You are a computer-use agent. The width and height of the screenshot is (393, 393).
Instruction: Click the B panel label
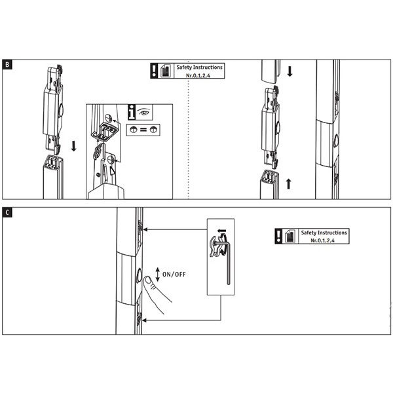pos(7,65)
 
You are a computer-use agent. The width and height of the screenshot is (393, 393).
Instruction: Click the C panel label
pos(7,212)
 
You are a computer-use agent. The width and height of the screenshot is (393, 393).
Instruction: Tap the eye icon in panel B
pos(144,111)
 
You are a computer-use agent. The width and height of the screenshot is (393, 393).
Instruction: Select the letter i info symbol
pos(132,112)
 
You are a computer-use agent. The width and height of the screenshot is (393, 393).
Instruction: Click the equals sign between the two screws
pos(143,130)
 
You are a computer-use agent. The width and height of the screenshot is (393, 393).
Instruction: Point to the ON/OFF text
pos(174,274)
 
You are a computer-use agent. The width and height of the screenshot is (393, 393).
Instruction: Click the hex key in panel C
pos(224,261)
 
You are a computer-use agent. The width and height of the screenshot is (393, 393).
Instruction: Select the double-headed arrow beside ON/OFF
pos(158,274)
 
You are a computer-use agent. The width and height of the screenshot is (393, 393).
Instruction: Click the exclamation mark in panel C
pos(278,236)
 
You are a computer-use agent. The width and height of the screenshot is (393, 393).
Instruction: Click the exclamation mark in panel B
pos(154,71)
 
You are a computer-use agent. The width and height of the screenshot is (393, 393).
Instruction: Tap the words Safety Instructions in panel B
pos(200,67)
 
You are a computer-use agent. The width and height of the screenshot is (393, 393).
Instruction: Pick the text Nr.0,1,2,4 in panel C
pos(322,240)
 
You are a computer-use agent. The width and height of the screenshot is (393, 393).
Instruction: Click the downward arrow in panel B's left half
pos(73,146)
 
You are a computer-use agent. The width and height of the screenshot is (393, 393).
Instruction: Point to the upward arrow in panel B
pos(288,183)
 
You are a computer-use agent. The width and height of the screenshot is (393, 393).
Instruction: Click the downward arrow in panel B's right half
pos(290,71)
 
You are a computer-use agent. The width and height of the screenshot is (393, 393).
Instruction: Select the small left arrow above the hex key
pos(221,231)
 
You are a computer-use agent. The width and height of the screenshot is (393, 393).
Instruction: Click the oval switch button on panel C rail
pos(139,275)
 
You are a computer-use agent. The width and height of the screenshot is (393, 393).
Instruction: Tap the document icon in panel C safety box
pos(290,236)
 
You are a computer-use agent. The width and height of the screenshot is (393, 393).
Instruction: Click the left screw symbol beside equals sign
pos(134,130)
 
